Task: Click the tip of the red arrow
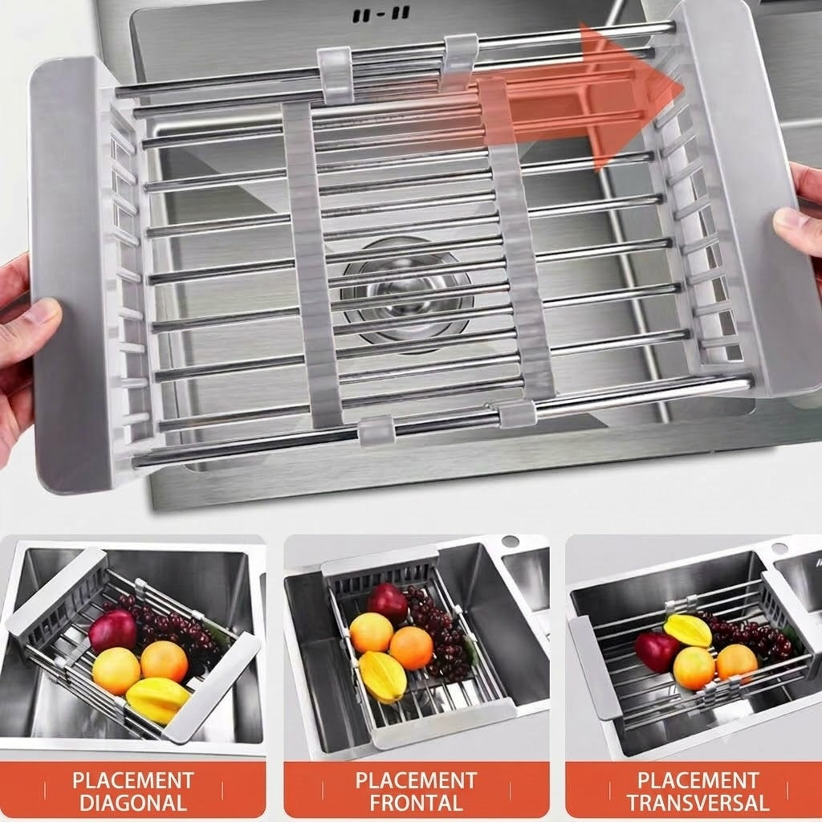click(x=684, y=87)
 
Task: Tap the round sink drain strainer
click(x=407, y=294)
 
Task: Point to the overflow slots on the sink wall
click(x=380, y=15)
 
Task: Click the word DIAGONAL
click(x=133, y=803)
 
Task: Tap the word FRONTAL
click(x=416, y=803)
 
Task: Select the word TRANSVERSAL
click(x=698, y=803)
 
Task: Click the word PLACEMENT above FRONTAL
click(x=417, y=780)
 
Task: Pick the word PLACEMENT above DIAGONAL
click(x=133, y=780)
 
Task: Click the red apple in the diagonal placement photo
click(x=112, y=630)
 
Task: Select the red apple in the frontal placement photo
click(x=388, y=602)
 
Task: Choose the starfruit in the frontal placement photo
click(x=382, y=677)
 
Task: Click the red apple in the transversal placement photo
click(x=657, y=652)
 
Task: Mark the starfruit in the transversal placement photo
click(x=688, y=630)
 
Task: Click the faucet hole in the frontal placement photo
click(x=510, y=541)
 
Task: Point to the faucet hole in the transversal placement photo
click(x=779, y=549)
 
